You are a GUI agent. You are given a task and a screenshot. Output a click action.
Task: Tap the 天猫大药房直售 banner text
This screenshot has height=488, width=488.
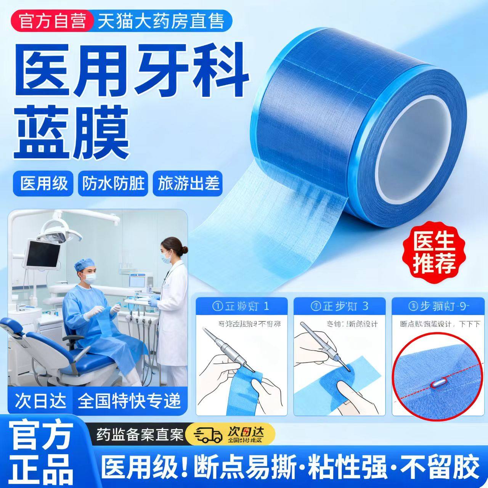click(x=161, y=21)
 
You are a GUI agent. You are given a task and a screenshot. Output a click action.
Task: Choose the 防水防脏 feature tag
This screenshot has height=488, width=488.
click(x=113, y=183)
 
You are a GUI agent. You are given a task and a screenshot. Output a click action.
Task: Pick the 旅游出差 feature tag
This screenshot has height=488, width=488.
click(x=188, y=183)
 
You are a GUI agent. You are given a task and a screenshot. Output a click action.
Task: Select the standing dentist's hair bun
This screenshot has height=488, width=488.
click(x=185, y=250)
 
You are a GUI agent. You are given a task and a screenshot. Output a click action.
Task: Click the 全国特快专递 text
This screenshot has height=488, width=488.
click(x=128, y=401)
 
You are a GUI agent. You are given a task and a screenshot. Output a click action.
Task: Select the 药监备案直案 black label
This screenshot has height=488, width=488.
click(x=140, y=434)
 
